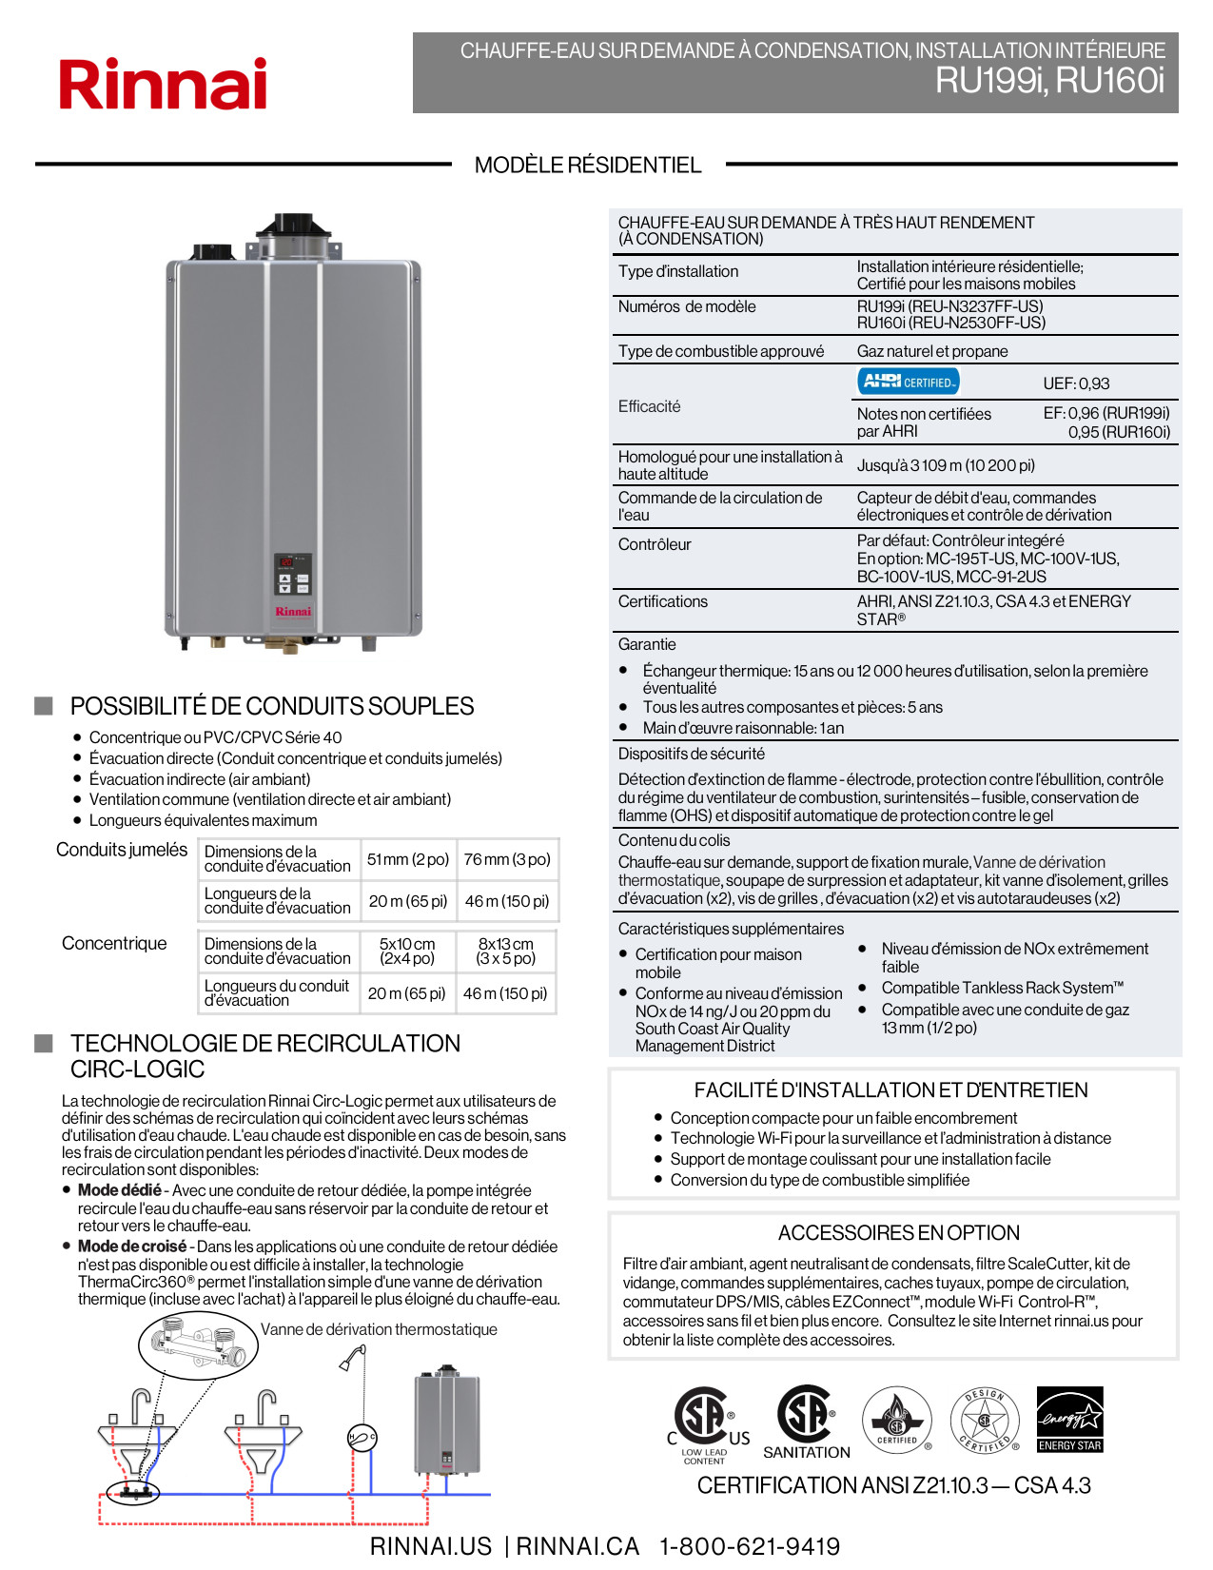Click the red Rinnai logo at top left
163,84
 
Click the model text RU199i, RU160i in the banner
1049,81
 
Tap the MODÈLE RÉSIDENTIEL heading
588,166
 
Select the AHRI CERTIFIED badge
909,382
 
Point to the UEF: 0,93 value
1076,383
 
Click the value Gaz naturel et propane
932,351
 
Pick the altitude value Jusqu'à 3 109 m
946,465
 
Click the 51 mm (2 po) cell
408,859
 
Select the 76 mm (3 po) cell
507,859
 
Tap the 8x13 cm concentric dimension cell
506,951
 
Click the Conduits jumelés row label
122,850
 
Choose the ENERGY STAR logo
1070,1419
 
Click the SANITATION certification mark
807,1423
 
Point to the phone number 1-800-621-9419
750,1546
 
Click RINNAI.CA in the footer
577,1546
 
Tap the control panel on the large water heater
293,574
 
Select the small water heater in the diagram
446,1422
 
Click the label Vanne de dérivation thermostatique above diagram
379,1329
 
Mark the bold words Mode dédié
120,1190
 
